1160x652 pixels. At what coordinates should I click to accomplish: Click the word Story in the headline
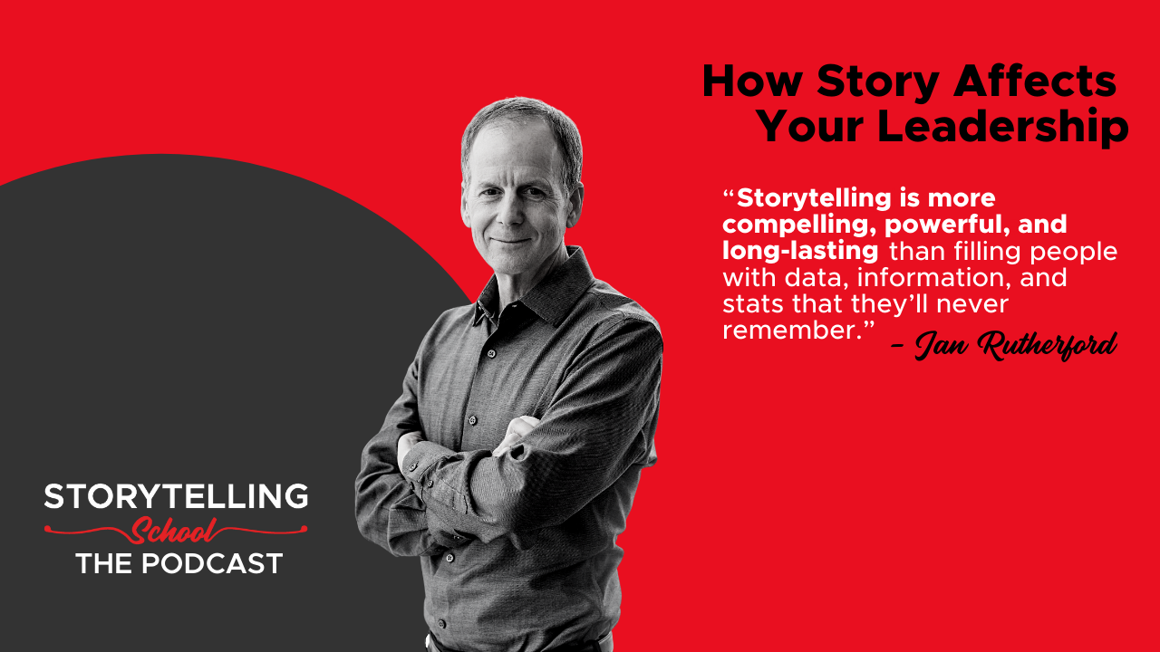pyautogui.click(x=878, y=82)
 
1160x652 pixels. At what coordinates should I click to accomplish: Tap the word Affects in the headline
pyautogui.click(x=1035, y=81)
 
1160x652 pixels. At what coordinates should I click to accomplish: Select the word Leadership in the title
pyautogui.click(x=1002, y=126)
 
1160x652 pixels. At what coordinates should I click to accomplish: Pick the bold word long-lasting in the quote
pyautogui.click(x=800, y=252)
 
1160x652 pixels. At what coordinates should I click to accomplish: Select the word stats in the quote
pyautogui.click(x=753, y=304)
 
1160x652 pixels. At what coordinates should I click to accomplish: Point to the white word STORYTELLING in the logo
pyautogui.click(x=176, y=496)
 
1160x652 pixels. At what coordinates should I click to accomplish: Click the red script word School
pyautogui.click(x=173, y=531)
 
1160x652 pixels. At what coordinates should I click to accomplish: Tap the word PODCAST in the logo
pyautogui.click(x=212, y=563)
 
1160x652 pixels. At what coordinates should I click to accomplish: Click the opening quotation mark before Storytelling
pyautogui.click(x=729, y=193)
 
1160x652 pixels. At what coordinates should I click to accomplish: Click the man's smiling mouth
pyautogui.click(x=510, y=241)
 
